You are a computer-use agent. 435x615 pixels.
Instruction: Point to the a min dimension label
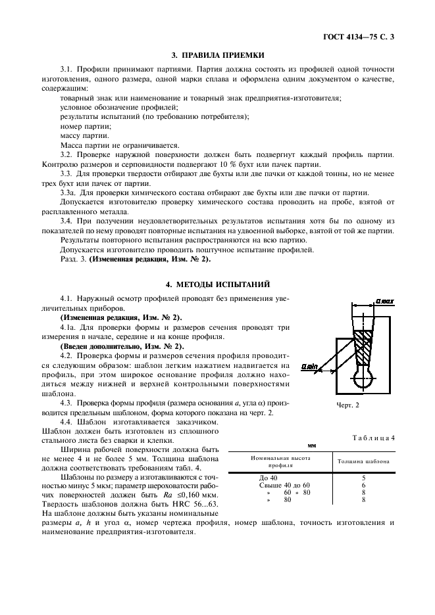(x=309, y=366)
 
